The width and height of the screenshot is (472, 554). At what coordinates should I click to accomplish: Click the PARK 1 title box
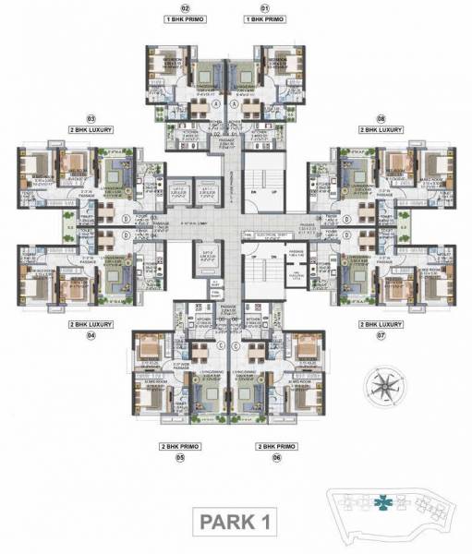coord(235,522)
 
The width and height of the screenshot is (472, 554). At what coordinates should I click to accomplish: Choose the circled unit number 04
coord(91,336)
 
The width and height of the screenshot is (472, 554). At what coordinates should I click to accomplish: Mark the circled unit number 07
coord(381,336)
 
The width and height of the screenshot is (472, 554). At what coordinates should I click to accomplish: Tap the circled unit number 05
coord(181,457)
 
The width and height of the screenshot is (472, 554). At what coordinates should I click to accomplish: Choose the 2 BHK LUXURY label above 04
coord(91,325)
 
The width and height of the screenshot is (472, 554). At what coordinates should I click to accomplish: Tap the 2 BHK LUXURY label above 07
coord(381,325)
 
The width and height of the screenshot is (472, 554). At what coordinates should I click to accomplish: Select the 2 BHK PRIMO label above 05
coord(181,446)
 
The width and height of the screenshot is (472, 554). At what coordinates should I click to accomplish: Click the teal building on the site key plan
coord(382,504)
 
